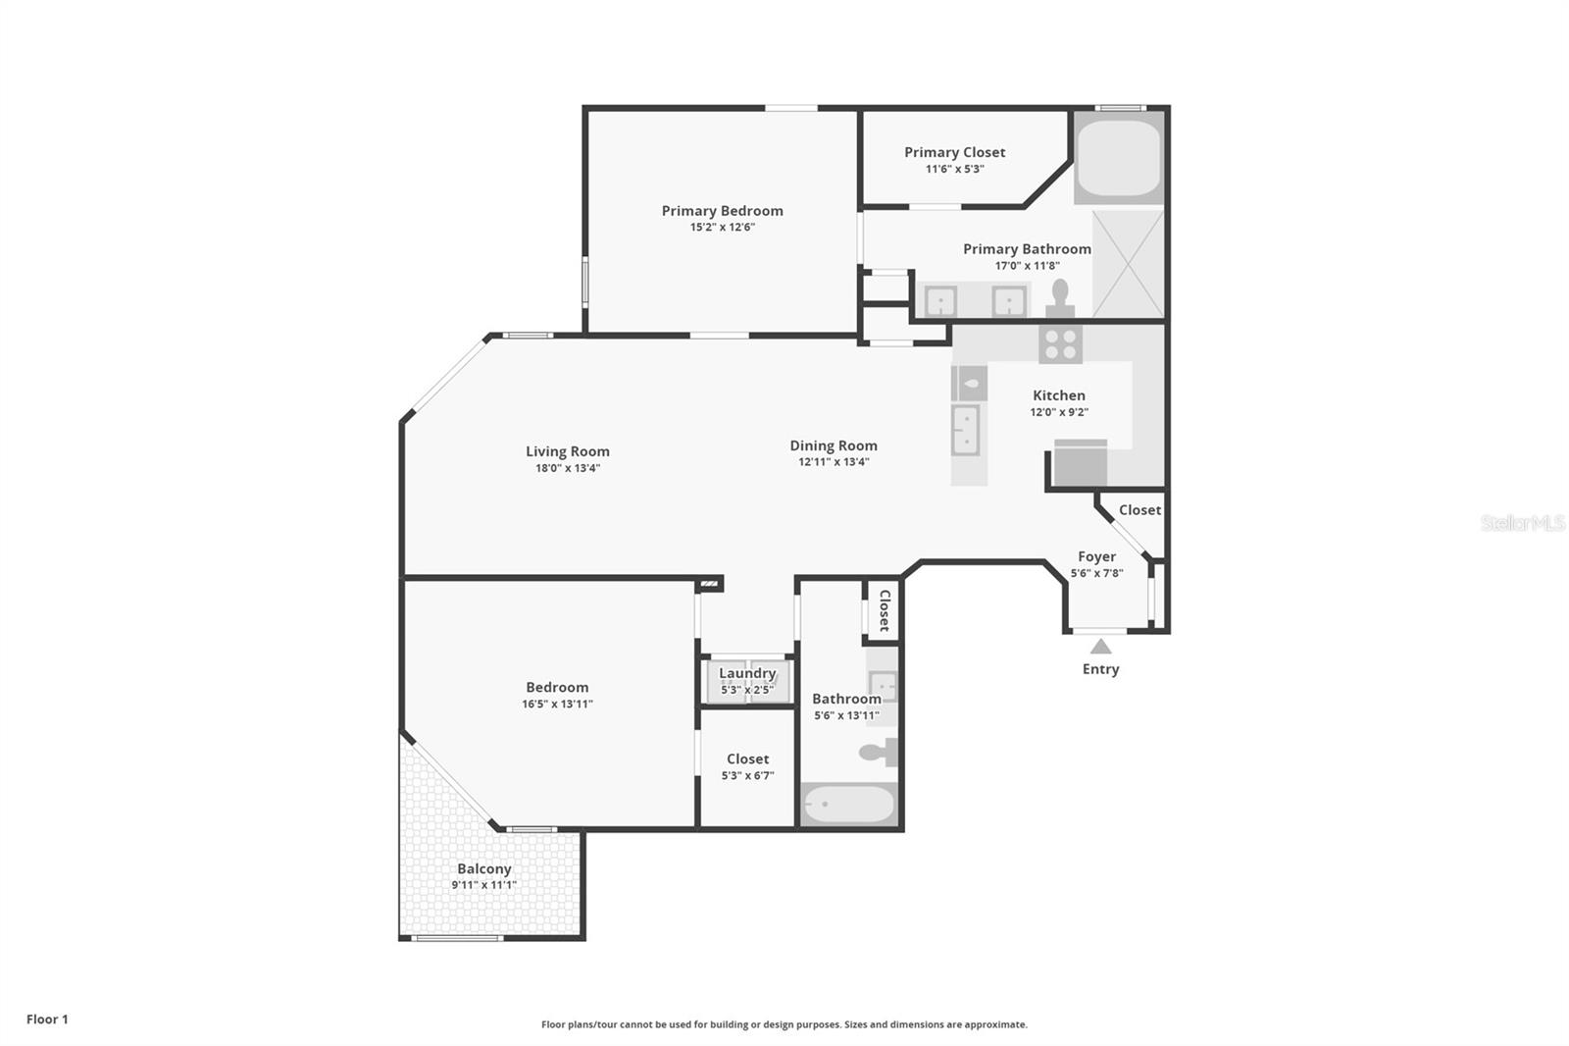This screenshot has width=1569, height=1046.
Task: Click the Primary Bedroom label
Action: coord(722,210)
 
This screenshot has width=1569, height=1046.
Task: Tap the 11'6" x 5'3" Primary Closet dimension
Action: coord(955,169)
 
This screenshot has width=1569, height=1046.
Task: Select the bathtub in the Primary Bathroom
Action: coord(1119,158)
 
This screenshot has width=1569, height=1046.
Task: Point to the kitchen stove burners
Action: coord(1060,344)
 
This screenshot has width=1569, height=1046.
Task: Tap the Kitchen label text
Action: coord(1059,395)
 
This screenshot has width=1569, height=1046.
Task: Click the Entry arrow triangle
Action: coord(1100,647)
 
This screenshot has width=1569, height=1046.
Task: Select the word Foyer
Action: coord(1097,556)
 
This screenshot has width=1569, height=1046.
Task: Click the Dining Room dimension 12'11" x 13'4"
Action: coord(834,462)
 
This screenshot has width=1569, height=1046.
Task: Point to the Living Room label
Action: coord(568,451)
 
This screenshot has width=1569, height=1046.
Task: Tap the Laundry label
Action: coord(747,673)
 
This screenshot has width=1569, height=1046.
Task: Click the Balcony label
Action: coord(484,868)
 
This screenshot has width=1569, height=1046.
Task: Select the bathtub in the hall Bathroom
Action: coord(849,805)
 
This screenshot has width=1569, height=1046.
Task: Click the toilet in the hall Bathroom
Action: coord(879,753)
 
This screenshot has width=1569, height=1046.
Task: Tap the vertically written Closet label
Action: coord(885,610)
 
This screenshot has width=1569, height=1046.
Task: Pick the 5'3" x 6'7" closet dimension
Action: coord(747,775)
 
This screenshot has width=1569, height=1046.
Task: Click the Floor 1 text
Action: coord(48,1020)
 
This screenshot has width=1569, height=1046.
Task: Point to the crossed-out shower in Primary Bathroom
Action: coord(1128,263)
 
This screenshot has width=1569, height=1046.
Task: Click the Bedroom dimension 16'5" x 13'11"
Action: coord(558,704)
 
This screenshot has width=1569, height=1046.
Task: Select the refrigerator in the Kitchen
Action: coord(1081,463)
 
